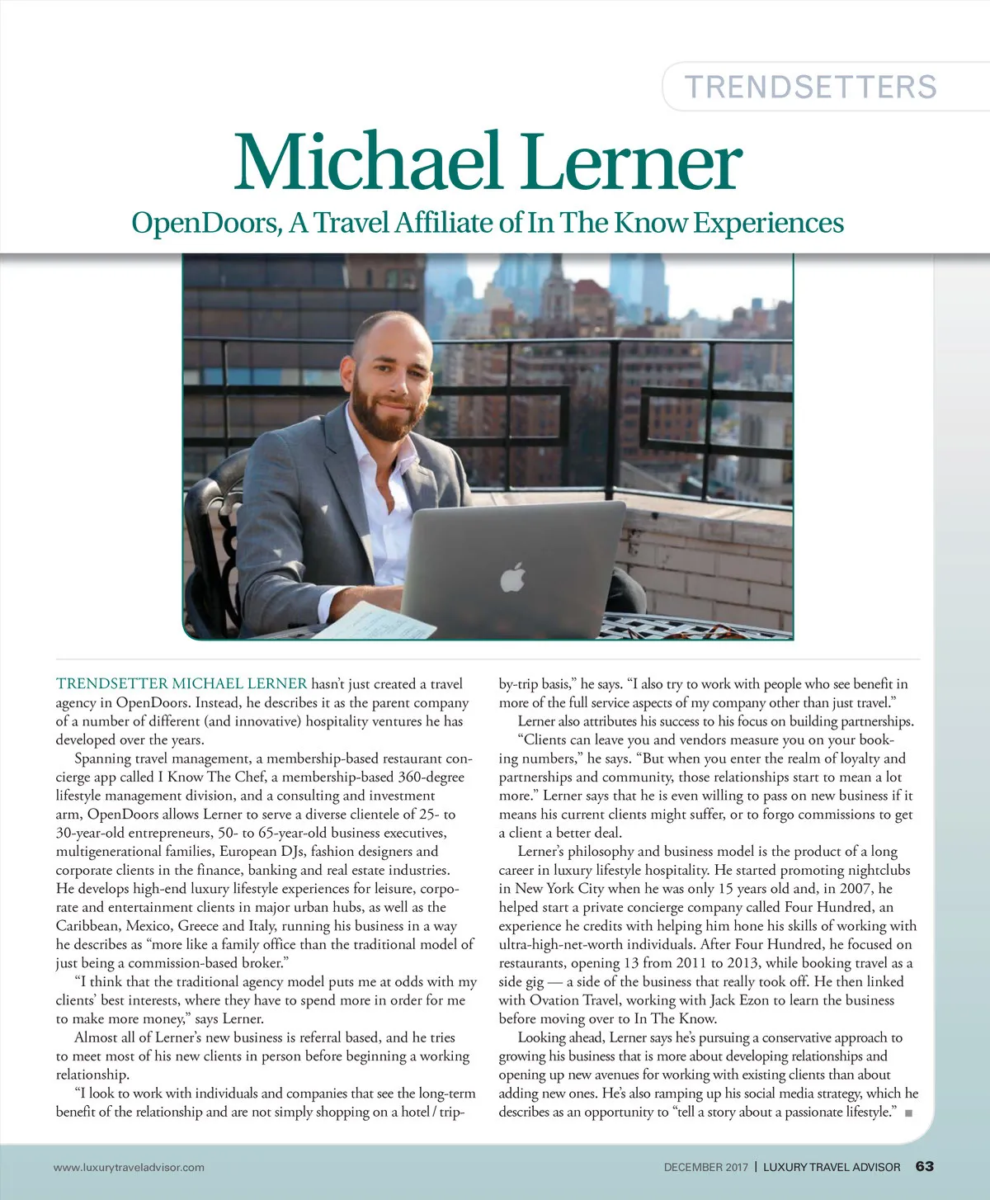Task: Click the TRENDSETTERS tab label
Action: click(811, 87)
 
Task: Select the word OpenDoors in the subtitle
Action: click(205, 223)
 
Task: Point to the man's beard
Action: click(386, 413)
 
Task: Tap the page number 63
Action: click(924, 1166)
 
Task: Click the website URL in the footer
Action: click(129, 1167)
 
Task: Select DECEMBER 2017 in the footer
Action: click(705, 1167)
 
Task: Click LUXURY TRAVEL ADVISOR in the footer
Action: click(832, 1167)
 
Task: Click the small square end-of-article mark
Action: click(908, 1113)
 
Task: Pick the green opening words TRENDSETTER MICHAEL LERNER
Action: click(181, 684)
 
